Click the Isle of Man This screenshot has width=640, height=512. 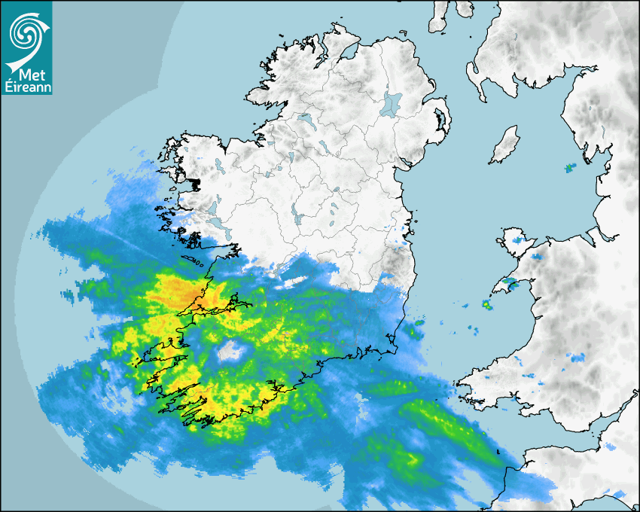click(504, 145)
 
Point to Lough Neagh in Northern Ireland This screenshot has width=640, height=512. click(391, 104)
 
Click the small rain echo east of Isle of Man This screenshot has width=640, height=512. click(570, 167)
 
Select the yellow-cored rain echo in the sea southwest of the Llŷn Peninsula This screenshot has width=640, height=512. click(486, 305)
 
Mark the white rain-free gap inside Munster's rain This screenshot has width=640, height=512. click(230, 350)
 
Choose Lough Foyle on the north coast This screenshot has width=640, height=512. click(348, 53)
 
